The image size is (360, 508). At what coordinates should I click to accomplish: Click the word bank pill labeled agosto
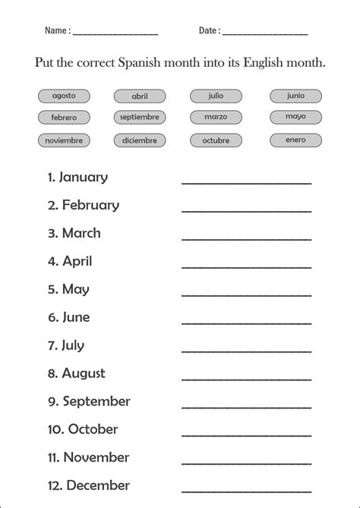coord(63,96)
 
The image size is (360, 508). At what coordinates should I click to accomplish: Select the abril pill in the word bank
coord(140,96)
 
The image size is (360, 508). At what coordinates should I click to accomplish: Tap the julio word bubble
coord(216,96)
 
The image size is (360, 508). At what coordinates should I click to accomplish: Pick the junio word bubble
coord(295,96)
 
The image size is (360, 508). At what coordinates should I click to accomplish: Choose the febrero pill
coord(63,118)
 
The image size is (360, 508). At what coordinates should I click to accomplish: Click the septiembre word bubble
coord(140,118)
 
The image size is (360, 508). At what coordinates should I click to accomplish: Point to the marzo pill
coord(216,117)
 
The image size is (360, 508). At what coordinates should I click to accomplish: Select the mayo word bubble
coord(295,117)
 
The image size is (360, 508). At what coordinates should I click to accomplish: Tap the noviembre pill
coord(63,140)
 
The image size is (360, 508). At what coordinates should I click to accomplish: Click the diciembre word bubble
coord(140,140)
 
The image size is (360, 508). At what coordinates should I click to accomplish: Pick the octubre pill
coord(216,140)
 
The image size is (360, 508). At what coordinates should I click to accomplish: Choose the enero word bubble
coord(295,140)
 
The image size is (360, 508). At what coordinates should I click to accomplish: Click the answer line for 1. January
coord(246,182)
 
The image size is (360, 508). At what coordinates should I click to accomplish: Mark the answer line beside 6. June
coord(246,323)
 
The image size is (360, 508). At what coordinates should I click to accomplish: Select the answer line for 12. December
coord(246,491)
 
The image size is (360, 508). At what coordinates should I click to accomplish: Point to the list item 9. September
coord(89,402)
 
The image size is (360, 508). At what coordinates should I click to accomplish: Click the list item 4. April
coord(70,261)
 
